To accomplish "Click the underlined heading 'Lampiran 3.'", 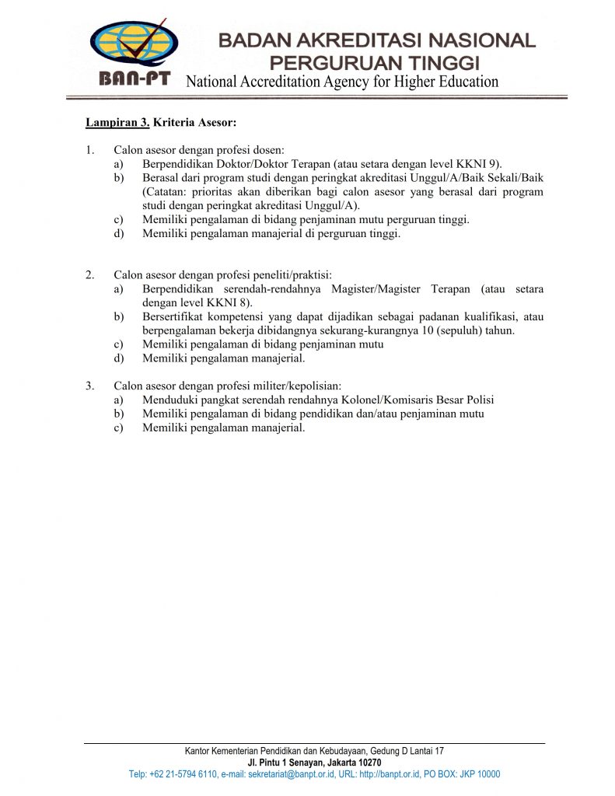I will [117, 122].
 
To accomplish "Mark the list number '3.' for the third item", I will [90, 386].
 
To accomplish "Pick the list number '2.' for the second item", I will [90, 275].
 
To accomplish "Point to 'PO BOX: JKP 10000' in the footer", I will [468, 774].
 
